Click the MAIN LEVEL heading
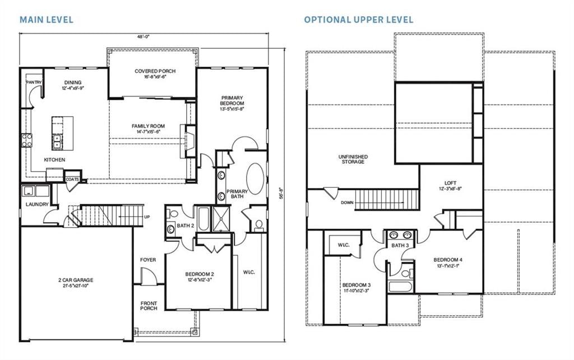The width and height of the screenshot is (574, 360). coord(47,20)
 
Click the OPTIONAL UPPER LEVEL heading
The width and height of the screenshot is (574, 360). coord(359,20)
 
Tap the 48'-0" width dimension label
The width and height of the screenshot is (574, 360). coord(143,36)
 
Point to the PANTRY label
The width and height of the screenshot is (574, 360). coord(34,82)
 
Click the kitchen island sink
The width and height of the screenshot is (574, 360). coord(57,141)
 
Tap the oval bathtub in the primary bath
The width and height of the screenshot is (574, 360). coord(255,178)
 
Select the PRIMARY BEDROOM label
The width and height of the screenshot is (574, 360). coord(232,104)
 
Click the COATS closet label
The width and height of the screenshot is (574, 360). coord(72,180)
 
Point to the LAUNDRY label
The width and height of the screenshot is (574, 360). coord(37,204)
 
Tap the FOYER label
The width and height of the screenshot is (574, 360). coord(148,260)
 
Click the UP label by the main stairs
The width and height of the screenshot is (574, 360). coord(147,217)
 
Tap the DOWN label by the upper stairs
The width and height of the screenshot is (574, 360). coord(346,202)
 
